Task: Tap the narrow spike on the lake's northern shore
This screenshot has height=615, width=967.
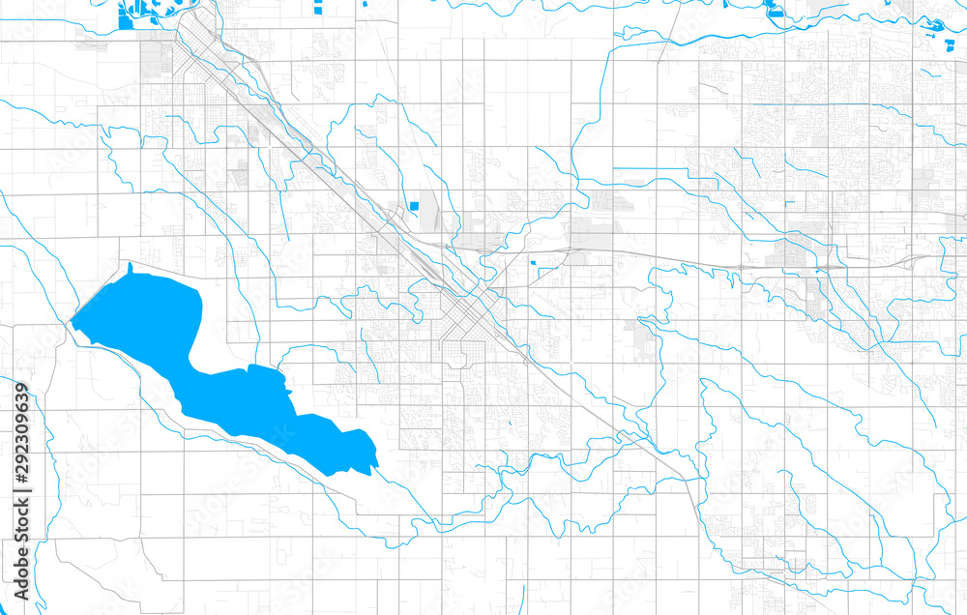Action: click(129, 267)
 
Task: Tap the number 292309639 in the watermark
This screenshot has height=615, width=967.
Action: click(21, 435)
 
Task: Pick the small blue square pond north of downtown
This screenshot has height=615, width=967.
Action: click(414, 205)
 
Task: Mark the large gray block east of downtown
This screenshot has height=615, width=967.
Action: click(590, 232)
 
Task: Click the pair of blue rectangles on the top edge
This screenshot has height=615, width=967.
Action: click(320, 8)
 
